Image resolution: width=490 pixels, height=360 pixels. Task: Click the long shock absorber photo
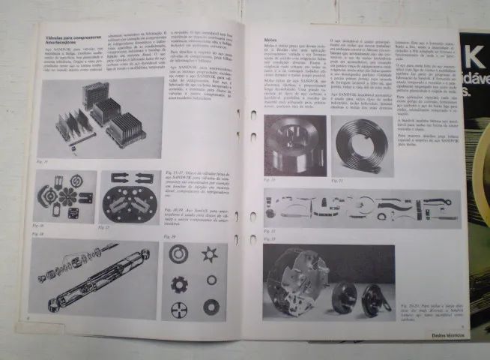pos(94,278)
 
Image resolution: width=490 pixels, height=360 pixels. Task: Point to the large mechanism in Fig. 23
pos(300,277)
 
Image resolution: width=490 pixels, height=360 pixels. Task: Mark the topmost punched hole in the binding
pos(252,115)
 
